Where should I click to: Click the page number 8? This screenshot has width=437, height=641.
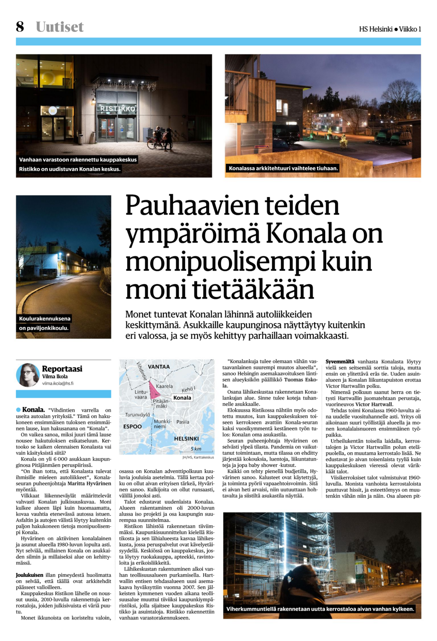[x=20, y=27]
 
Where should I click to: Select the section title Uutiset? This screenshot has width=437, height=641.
[x=59, y=27]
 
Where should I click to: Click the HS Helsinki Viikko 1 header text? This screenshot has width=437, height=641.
[x=390, y=29]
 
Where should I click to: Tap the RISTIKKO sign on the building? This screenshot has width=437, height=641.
[x=118, y=108]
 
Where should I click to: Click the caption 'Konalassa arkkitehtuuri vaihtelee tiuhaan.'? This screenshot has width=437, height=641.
[x=283, y=168]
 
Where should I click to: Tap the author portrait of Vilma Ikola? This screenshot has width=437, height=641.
[x=28, y=374]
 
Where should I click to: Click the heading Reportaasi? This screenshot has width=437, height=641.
[x=62, y=369]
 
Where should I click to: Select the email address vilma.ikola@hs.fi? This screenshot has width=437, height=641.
[x=58, y=383]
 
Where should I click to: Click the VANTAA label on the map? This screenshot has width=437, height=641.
[x=159, y=367]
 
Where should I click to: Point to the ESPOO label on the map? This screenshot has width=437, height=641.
[x=132, y=426]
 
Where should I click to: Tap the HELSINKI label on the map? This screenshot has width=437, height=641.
[x=186, y=438]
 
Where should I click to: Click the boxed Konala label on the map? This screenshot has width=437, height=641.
[x=182, y=398]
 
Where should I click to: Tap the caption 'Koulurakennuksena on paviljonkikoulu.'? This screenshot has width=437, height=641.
[x=44, y=323]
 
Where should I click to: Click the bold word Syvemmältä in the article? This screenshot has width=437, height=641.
[x=340, y=362]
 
